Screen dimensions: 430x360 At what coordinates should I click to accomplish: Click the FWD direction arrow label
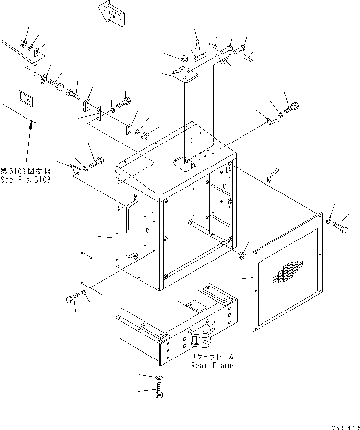[x=111, y=13]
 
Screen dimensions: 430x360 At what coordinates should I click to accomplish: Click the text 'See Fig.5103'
[x=25, y=180]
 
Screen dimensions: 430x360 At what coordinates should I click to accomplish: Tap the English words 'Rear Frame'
[x=213, y=365]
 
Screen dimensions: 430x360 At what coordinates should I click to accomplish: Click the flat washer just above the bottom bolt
[x=160, y=378]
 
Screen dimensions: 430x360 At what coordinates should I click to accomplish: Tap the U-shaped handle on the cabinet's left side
[x=131, y=227]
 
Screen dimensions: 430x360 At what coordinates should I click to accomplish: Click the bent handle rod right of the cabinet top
[x=274, y=147]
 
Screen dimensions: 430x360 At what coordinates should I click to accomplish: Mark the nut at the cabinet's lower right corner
[x=241, y=256]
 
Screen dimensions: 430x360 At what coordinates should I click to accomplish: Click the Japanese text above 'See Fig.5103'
[x=25, y=171]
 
